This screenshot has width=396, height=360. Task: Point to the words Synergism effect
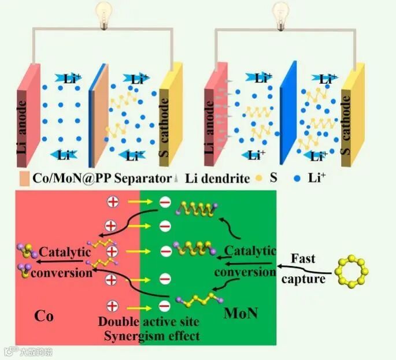click(149, 336)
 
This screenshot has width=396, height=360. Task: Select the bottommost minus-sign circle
click(165, 305)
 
